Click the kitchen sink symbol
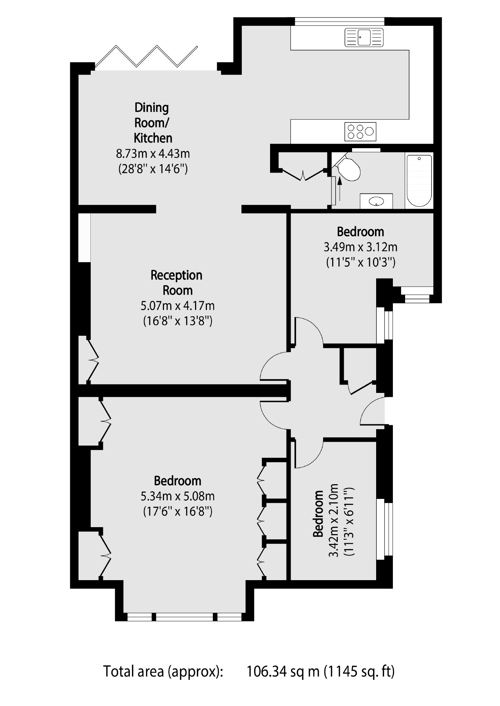pyautogui.click(x=364, y=37)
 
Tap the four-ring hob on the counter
pyautogui.click(x=360, y=131)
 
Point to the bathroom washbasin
pyautogui.click(x=376, y=201)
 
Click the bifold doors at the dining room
pyautogui.click(x=147, y=57)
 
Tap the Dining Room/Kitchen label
pyautogui.click(x=152, y=123)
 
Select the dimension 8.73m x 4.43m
pyautogui.click(x=153, y=153)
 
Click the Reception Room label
pyautogui.click(x=177, y=282)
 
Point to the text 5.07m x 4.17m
pyautogui.click(x=177, y=306)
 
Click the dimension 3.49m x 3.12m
pyautogui.click(x=360, y=247)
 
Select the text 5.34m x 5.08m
pyautogui.click(x=177, y=496)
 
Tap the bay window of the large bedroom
pyautogui.click(x=184, y=617)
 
